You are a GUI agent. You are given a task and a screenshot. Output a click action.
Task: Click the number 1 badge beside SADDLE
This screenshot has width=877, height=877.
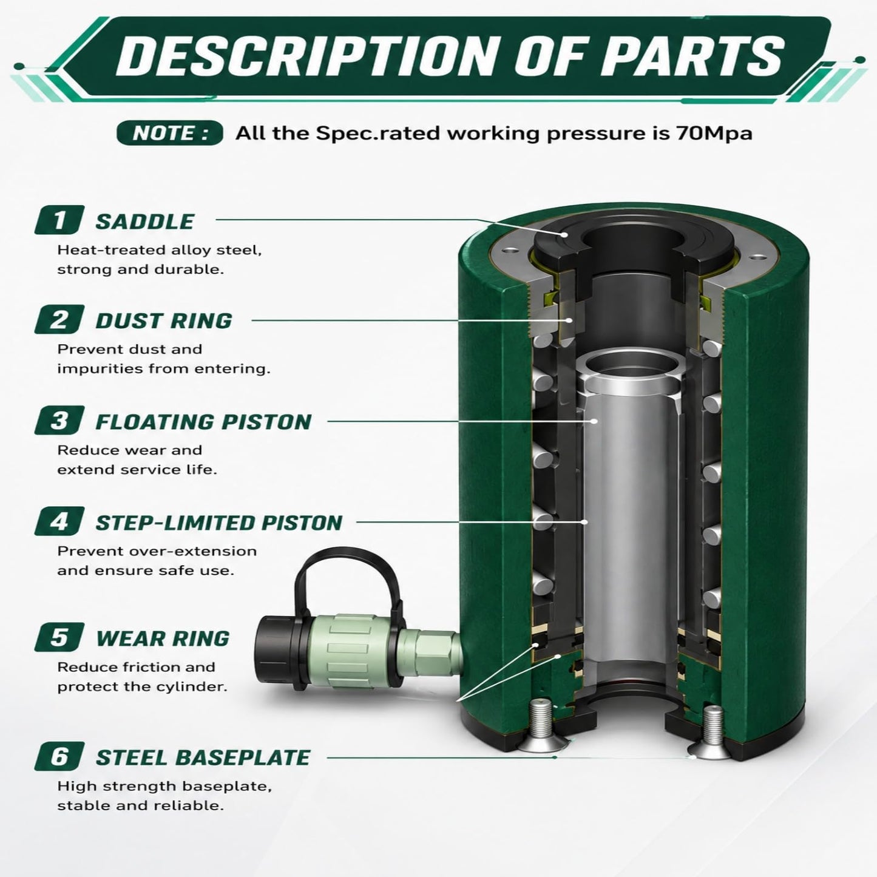(x=59, y=220)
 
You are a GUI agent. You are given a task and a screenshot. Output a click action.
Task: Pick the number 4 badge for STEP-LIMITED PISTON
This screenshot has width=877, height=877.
(x=59, y=521)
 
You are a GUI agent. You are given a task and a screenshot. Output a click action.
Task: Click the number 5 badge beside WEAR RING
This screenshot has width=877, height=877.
(x=59, y=637)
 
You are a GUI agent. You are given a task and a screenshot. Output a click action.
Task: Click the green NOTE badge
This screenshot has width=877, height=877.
(x=170, y=134)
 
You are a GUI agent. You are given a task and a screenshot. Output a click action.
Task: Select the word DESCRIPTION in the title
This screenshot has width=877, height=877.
(x=304, y=56)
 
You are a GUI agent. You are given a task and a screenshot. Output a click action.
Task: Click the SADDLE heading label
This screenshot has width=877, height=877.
(x=144, y=222)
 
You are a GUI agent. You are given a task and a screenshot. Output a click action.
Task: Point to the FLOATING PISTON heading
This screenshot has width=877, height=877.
(x=203, y=422)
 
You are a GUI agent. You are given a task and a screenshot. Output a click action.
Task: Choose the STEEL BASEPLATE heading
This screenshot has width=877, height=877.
(x=203, y=758)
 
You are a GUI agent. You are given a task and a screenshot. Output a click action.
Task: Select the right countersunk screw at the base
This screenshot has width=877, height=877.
(x=711, y=732)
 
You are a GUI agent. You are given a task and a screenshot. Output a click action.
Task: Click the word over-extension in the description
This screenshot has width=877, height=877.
(x=194, y=551)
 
